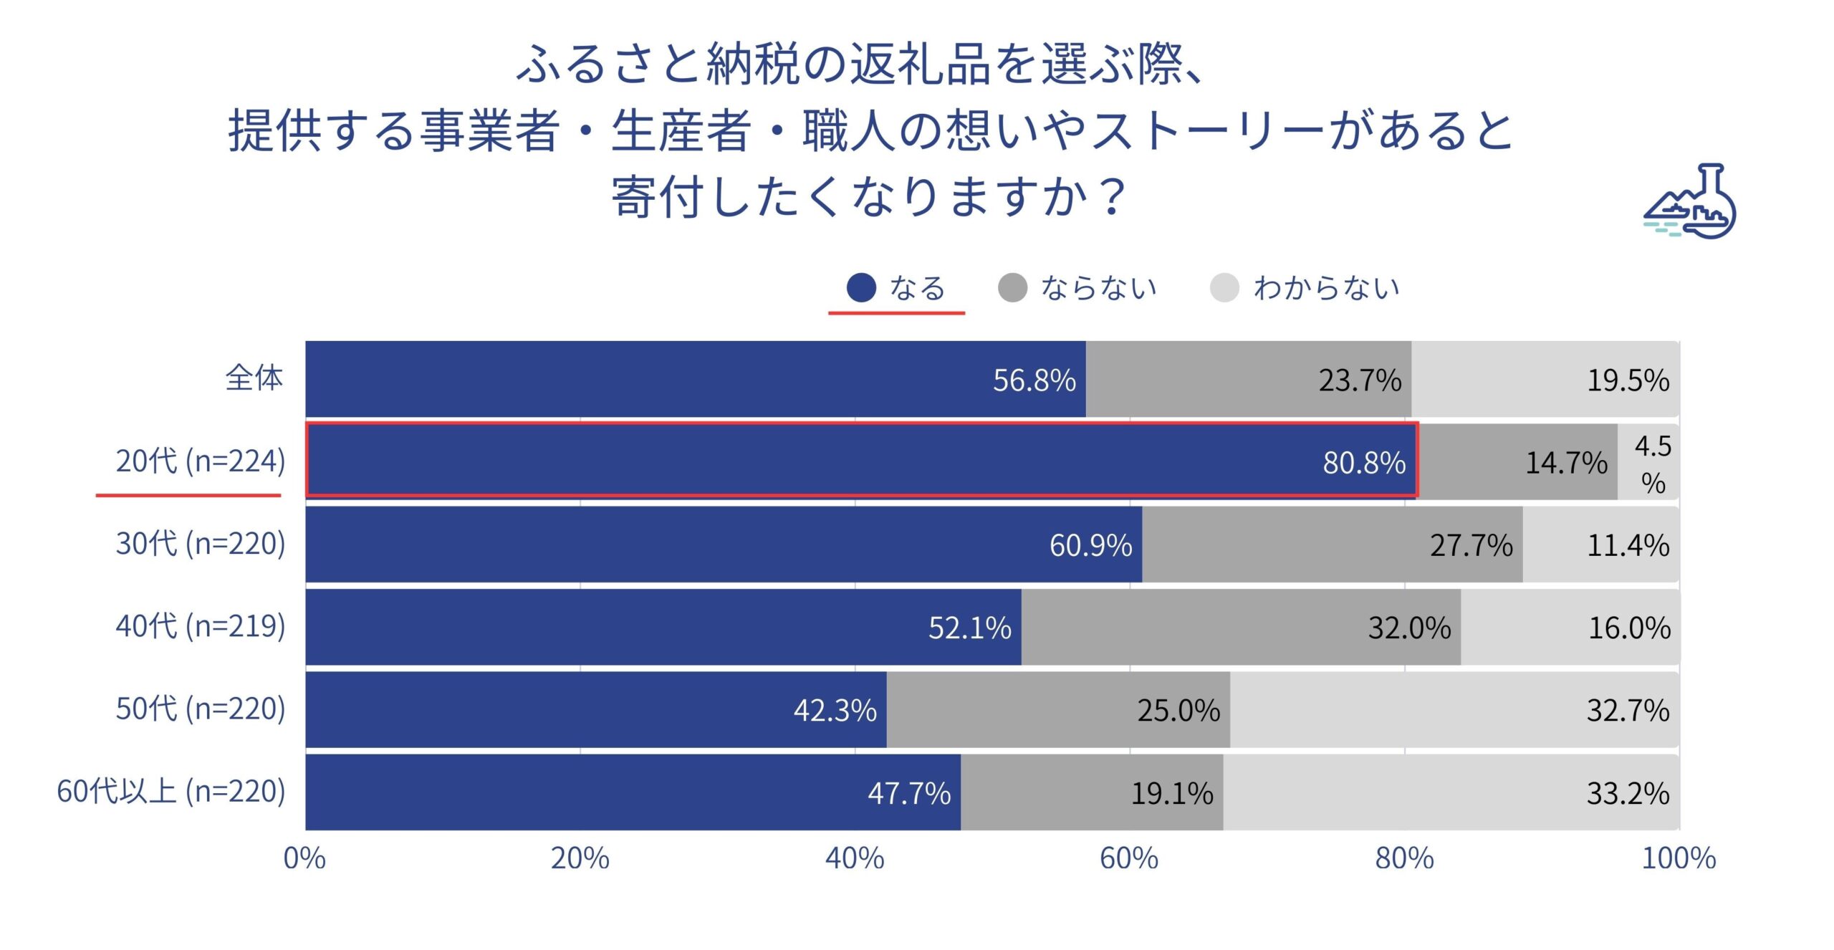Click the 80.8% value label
click(x=1363, y=463)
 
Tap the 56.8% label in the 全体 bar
click(x=1034, y=380)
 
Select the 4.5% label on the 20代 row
click(x=1653, y=464)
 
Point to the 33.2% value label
click(x=1628, y=793)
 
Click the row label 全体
click(x=254, y=378)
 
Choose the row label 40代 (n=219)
click(x=201, y=626)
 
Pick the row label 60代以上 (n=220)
click(x=171, y=792)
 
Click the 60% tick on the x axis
click(x=1129, y=858)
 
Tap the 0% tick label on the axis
click(x=304, y=858)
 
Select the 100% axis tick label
click(x=1679, y=858)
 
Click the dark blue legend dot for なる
click(x=861, y=288)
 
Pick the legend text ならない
click(x=1099, y=288)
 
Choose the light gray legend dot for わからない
click(x=1224, y=288)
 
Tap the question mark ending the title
click(x=1112, y=196)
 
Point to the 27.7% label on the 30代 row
click(x=1471, y=546)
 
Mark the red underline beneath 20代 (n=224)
click(x=188, y=495)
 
